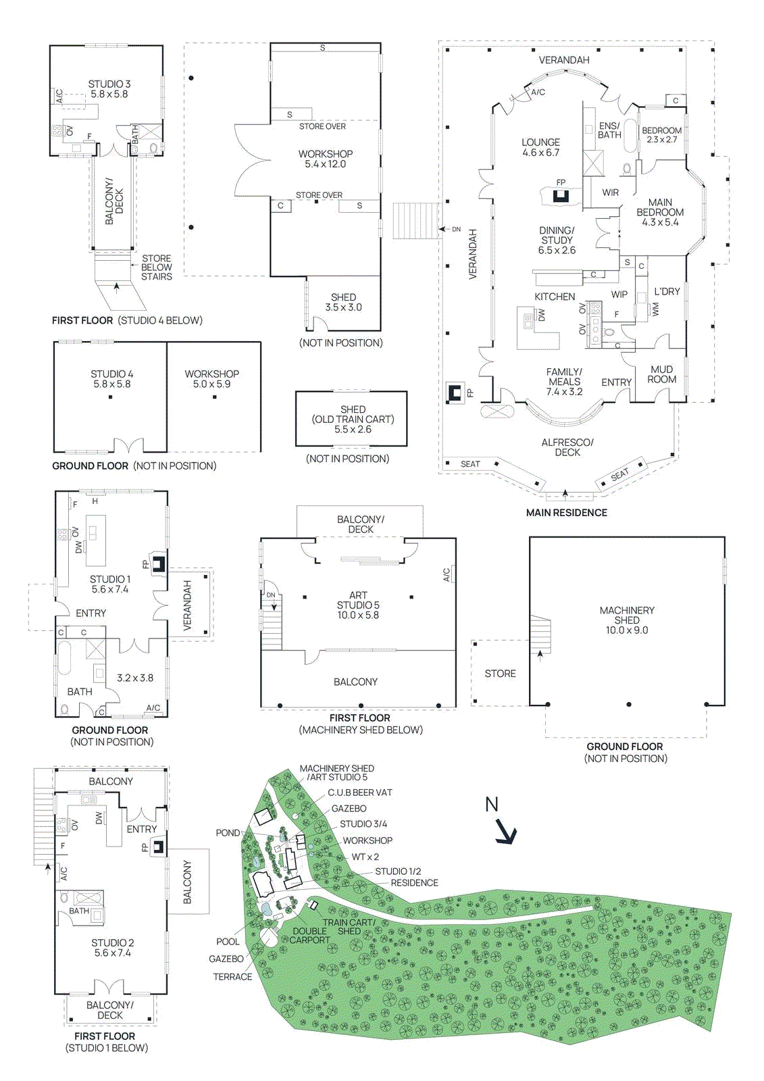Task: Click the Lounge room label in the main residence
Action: point(540,147)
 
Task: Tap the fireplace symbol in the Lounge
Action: point(560,196)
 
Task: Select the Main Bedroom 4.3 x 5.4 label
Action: point(660,212)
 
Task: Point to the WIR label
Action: point(610,193)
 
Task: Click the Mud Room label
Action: point(661,374)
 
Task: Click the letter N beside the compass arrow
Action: point(491,805)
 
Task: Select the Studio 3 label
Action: point(109,89)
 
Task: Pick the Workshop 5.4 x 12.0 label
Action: point(326,159)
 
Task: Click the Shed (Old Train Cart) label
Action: point(353,419)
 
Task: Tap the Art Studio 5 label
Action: point(358,605)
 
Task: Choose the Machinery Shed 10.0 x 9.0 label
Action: point(627,620)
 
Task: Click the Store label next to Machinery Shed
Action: point(500,674)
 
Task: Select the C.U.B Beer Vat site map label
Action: point(359,793)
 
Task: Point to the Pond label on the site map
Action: point(228,833)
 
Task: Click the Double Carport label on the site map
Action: point(310,936)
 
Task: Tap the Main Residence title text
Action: point(566,513)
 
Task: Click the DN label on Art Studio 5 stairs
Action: point(271,595)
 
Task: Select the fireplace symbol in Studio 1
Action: point(158,564)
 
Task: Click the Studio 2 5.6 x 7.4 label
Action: point(113,948)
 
